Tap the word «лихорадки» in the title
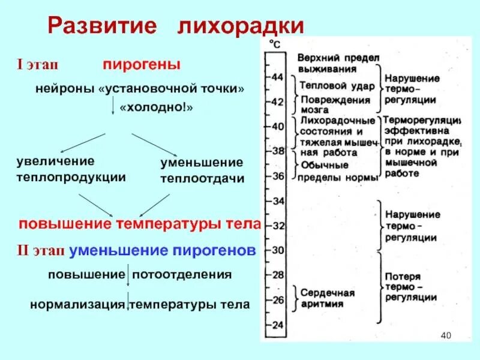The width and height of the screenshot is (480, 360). click(240, 27)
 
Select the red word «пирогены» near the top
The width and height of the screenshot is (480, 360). click(142, 64)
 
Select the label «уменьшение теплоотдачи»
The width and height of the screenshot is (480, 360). click(202, 170)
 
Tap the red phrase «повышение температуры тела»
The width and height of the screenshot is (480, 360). click(140, 224)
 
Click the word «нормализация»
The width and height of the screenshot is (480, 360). click(78, 304)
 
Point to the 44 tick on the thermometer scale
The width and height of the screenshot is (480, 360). click(277, 77)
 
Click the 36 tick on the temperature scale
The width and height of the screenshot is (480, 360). click(277, 176)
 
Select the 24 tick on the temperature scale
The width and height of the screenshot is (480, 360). click(277, 325)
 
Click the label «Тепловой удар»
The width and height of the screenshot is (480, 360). click(337, 86)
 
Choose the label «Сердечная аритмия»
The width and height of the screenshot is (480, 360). click(327, 298)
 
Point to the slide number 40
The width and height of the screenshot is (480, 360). click(445, 335)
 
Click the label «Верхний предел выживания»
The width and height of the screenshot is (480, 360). click(338, 62)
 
